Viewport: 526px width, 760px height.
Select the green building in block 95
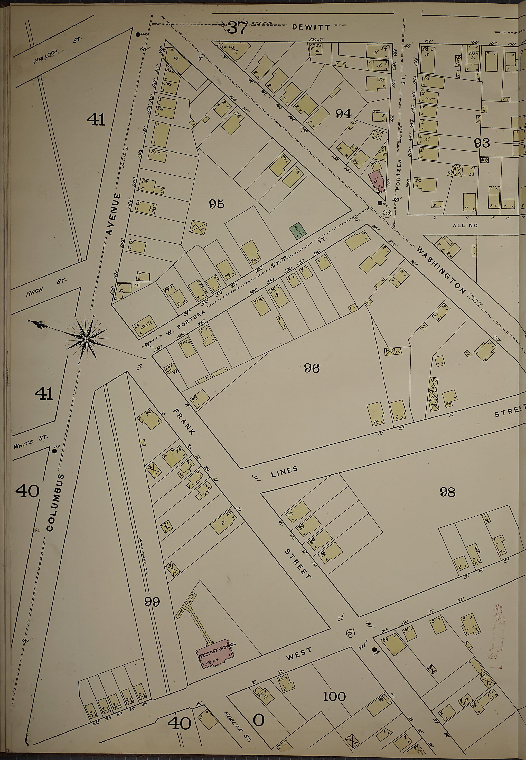(x=298, y=232)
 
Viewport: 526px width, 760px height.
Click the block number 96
(x=312, y=368)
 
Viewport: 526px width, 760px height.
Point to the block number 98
(x=447, y=492)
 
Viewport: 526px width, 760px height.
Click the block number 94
(x=343, y=114)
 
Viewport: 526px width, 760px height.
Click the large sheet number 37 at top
(x=237, y=27)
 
